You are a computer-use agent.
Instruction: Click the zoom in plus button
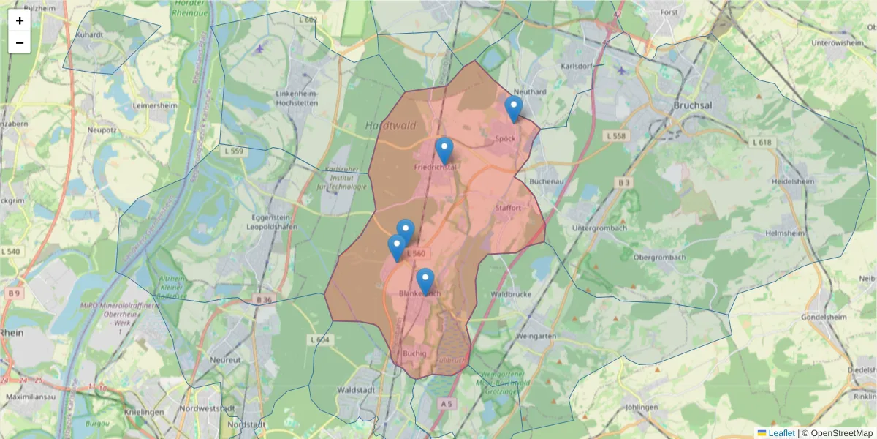coord(20,20)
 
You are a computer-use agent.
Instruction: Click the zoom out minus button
coord(20,42)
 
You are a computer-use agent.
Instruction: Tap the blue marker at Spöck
coord(514,108)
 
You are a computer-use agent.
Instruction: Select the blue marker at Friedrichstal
coord(444,150)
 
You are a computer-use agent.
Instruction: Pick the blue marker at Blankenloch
coord(425,281)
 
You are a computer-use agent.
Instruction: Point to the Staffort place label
coord(508,208)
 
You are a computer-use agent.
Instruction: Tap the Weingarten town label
coord(536,336)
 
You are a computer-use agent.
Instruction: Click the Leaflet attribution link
coord(781,433)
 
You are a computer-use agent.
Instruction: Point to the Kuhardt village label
coord(90,34)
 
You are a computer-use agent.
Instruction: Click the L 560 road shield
coord(414,254)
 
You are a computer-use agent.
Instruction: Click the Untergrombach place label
coord(600,228)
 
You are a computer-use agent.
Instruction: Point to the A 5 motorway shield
coord(447,403)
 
